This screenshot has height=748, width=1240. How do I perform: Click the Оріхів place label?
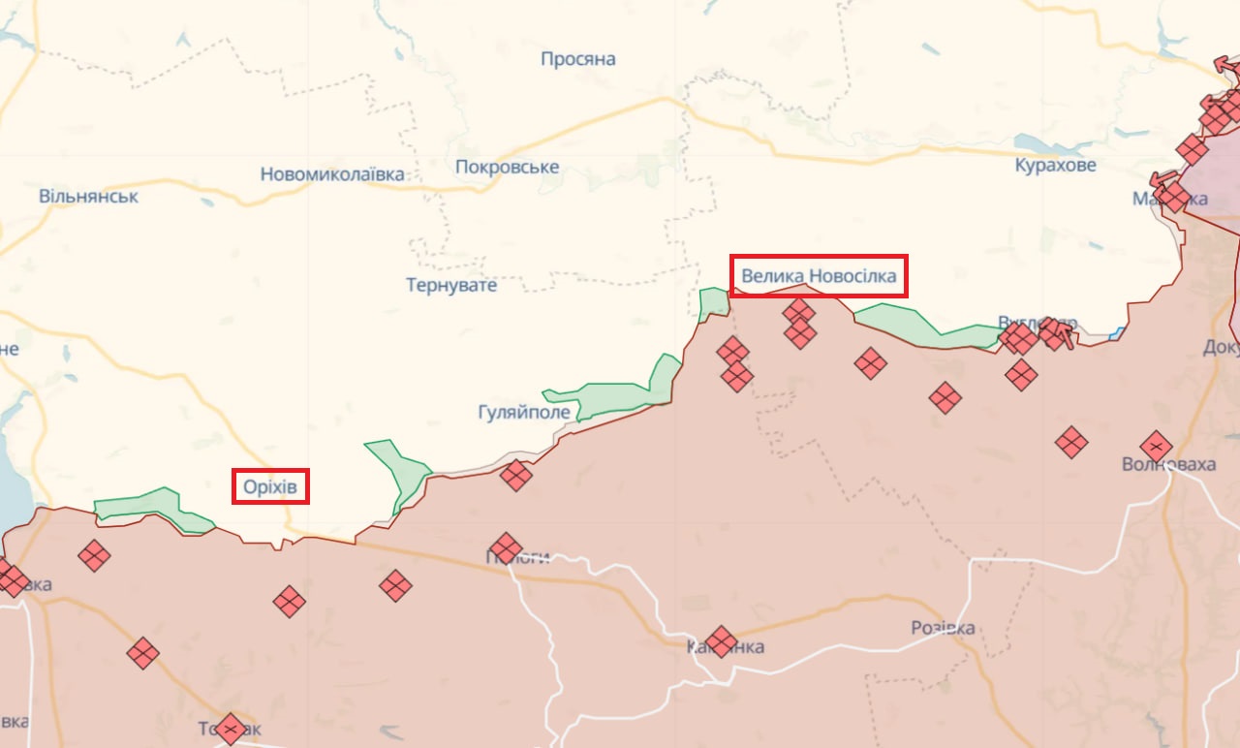(270, 486)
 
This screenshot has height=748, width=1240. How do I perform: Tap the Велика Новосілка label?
(819, 276)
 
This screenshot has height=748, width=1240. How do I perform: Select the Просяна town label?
(578, 59)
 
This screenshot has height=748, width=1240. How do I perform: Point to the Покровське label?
(507, 167)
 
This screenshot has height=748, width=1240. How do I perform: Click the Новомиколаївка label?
(332, 174)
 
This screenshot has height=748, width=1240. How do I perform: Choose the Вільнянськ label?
(88, 196)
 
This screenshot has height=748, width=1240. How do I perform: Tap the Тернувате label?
(451, 285)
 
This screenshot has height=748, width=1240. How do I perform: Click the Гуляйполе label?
(524, 413)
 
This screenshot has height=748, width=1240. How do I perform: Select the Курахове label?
(1056, 165)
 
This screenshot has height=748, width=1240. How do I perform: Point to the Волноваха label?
(1168, 464)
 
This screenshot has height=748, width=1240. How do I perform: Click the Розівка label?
(943, 628)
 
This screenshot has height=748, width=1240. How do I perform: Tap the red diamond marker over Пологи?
(506, 548)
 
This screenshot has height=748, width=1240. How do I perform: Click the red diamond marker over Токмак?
(230, 728)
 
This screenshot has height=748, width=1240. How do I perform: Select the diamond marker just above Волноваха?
(1156, 446)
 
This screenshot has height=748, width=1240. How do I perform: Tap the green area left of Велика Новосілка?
(714, 303)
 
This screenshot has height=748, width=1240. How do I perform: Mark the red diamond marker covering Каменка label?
(721, 641)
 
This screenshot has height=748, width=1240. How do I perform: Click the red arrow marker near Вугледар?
(1059, 334)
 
